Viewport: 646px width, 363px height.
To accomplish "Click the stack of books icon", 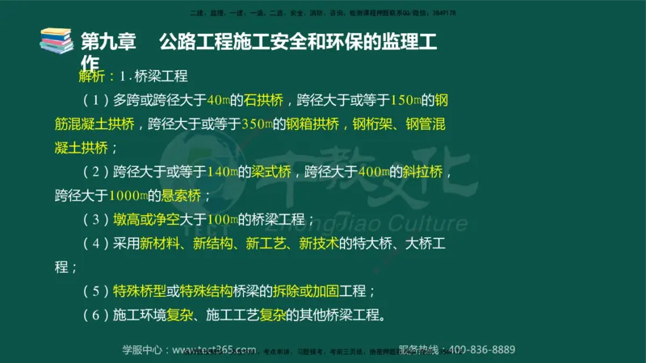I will [x=57, y=40].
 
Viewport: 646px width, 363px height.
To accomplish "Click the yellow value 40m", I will [x=219, y=101].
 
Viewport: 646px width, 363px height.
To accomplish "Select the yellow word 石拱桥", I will [x=266, y=101].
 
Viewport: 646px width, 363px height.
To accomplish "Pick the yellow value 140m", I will [x=220, y=172].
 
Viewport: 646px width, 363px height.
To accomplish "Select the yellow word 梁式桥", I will [x=267, y=172].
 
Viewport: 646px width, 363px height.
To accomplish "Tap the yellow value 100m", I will [x=220, y=219].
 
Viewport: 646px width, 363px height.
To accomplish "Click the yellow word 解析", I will [x=91, y=77].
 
